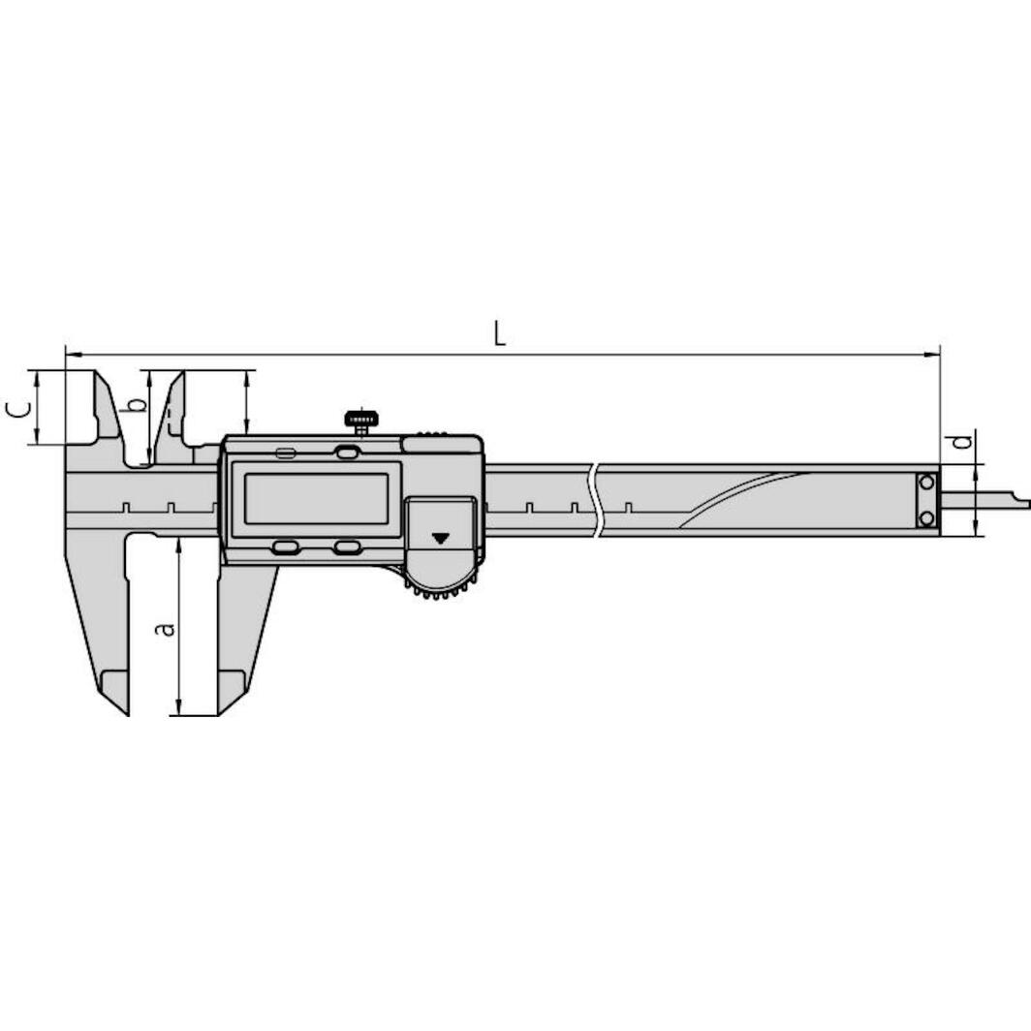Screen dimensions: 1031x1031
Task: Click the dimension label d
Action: coord(962,440)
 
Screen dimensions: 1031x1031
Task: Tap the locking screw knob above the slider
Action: coord(361,421)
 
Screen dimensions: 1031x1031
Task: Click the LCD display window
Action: coord(316,498)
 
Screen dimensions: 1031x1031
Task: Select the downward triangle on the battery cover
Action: coord(440,538)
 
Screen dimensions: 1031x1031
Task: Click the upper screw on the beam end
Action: coord(927,483)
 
